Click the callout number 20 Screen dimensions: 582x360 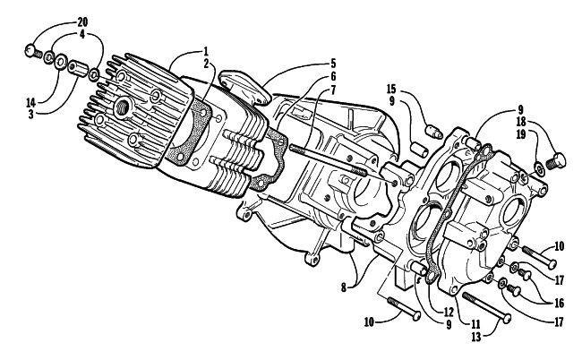tap(82, 21)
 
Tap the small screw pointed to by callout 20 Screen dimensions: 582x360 tap(33, 51)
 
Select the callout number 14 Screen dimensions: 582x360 tap(31, 102)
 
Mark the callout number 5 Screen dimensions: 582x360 tap(333, 63)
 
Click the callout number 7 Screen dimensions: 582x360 tap(333, 89)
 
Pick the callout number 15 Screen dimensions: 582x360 tap(391, 89)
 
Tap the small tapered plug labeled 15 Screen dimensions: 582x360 tap(433, 133)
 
